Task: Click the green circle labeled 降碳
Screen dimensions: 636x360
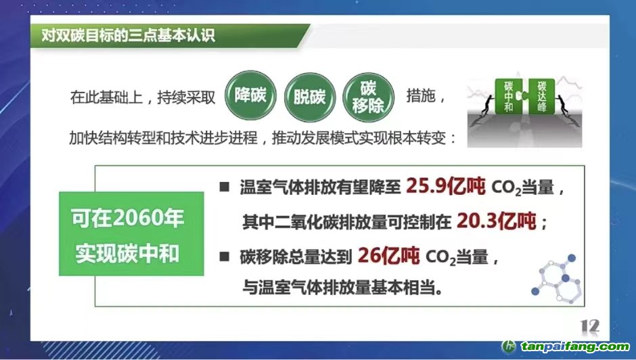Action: (x=250, y=96)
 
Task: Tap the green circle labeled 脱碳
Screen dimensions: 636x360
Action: (x=310, y=97)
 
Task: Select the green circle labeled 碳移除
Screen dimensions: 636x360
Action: (x=369, y=97)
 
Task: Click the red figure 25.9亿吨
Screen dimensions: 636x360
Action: (x=445, y=186)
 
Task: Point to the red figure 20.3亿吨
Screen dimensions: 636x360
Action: (x=496, y=221)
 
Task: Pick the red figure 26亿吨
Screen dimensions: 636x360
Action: (x=388, y=256)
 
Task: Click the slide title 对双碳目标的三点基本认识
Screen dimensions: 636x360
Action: (x=128, y=35)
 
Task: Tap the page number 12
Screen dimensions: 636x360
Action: (x=589, y=326)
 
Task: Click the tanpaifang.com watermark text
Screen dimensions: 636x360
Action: (x=575, y=346)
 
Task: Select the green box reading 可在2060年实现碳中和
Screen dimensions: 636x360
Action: (x=131, y=233)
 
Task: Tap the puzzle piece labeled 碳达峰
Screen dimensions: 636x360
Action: (x=541, y=97)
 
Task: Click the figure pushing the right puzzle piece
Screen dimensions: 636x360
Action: (x=564, y=107)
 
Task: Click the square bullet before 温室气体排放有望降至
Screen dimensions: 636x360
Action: (x=225, y=187)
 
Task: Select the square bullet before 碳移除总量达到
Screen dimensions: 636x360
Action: (x=225, y=256)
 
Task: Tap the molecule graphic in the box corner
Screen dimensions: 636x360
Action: (x=556, y=278)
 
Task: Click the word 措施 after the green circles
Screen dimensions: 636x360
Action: (x=421, y=96)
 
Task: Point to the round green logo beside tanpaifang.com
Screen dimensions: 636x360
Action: (x=509, y=346)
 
